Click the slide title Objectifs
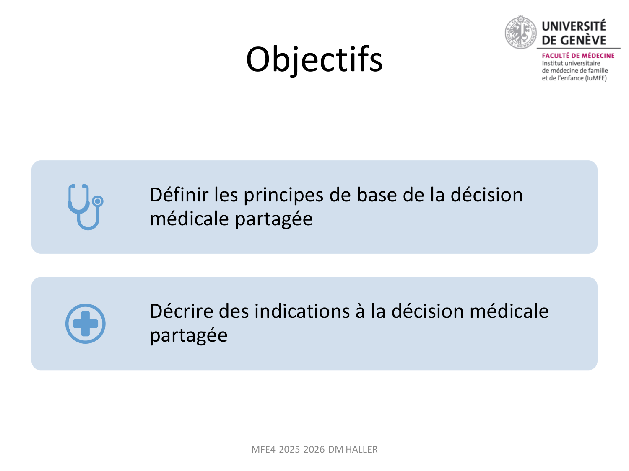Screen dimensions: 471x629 point(314,59)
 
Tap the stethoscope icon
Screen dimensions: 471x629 point(85,207)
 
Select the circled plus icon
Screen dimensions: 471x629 point(85,323)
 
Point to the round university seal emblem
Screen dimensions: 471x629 point(520,32)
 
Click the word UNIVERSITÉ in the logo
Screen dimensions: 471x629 point(574,26)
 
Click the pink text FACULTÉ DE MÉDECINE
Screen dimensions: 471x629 point(578,56)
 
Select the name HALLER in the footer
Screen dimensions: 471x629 point(361,449)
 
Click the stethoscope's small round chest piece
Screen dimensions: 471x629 point(98,201)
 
